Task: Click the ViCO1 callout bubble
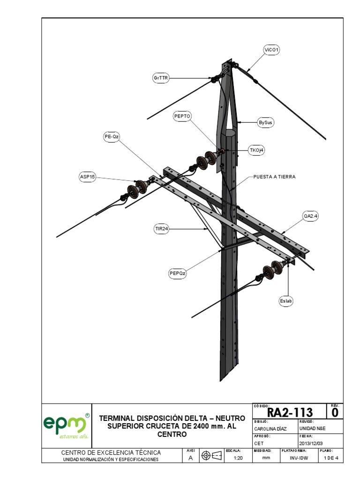[271, 50]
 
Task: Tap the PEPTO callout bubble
[183, 116]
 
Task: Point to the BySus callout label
[266, 122]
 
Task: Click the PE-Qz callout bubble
[112, 136]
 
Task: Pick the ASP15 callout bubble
[87, 176]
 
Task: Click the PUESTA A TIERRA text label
[275, 177]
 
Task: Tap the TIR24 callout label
[161, 229]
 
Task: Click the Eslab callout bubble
[286, 302]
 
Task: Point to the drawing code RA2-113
[290, 412]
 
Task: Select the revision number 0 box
[335, 412]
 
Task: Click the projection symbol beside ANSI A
[211, 456]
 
